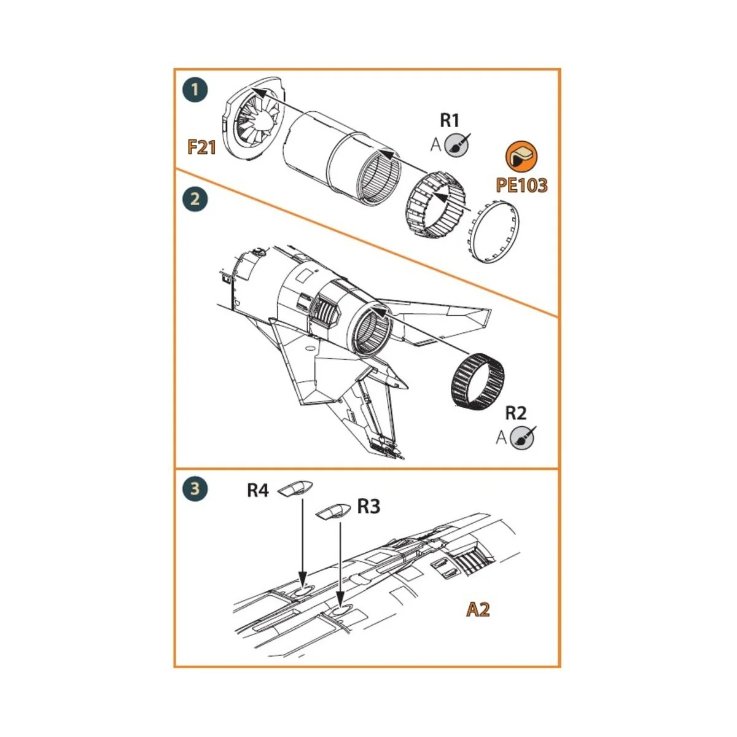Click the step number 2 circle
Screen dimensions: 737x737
click(195, 200)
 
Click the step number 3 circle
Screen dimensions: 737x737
click(195, 489)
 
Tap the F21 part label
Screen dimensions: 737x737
click(202, 147)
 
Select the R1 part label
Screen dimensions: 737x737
click(449, 120)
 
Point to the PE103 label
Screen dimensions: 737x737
click(521, 185)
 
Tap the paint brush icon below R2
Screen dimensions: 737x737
click(523, 437)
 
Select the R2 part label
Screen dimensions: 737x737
click(516, 412)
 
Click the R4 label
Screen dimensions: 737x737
click(258, 491)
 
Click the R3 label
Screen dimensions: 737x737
click(368, 507)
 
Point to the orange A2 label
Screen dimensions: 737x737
click(478, 610)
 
